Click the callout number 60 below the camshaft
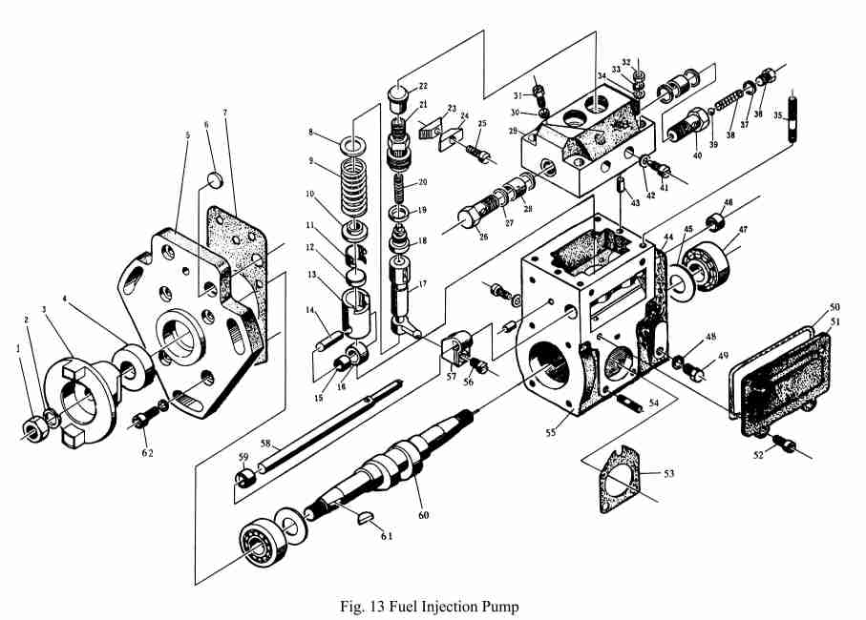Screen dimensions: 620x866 pyautogui.click(x=423, y=515)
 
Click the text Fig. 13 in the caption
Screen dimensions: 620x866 pyautogui.click(x=359, y=606)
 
